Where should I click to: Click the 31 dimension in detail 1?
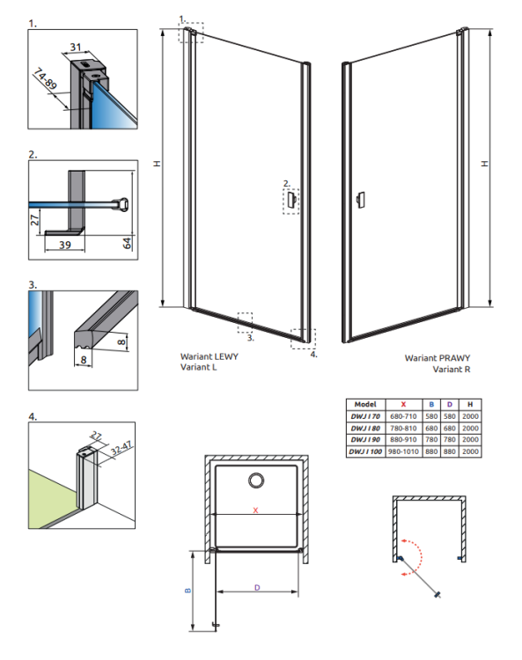(76, 47)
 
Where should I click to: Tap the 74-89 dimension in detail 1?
(45, 78)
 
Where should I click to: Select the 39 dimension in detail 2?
(65, 245)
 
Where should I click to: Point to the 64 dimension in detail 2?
(127, 243)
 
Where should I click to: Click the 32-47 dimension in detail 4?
(121, 448)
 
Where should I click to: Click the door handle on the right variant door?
(360, 200)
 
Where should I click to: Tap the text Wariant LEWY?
(210, 356)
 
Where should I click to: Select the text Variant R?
(452, 369)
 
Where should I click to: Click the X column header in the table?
(403, 404)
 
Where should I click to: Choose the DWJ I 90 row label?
(365, 439)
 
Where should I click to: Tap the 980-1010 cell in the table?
(403, 451)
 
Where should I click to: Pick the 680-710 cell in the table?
(403, 416)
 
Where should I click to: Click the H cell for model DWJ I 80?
(470, 428)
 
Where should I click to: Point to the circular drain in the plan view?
(256, 480)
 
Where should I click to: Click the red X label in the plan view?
(255, 510)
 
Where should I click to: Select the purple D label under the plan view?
(257, 588)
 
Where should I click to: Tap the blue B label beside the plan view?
(187, 590)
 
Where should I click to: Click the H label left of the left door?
(157, 164)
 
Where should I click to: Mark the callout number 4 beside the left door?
(313, 355)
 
